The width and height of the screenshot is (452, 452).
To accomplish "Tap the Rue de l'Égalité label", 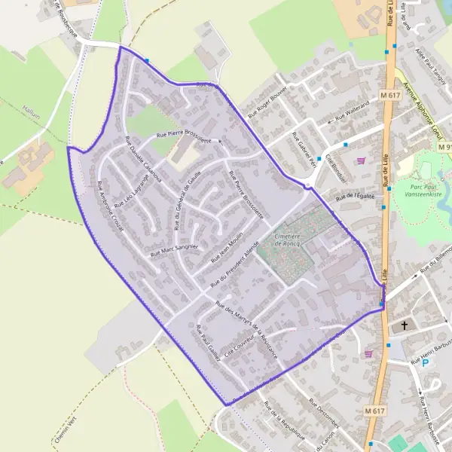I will (x=355, y=197).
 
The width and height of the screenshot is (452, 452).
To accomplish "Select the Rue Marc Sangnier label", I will (x=174, y=249).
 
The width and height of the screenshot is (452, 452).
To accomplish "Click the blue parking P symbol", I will (x=425, y=363).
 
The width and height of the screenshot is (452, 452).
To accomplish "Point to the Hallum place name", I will (x=31, y=108).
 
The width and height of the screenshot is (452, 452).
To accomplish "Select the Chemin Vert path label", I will (x=67, y=426).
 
